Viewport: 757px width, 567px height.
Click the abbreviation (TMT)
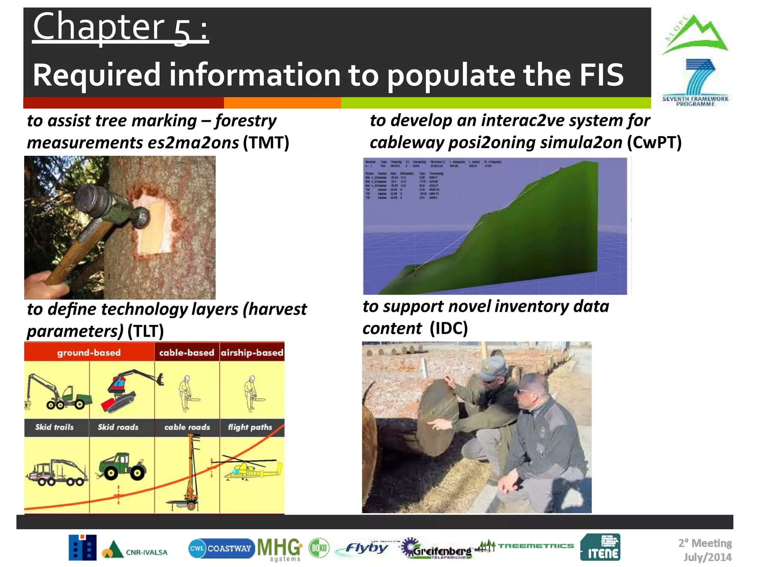coord(266,142)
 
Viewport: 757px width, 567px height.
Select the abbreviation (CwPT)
coord(654,142)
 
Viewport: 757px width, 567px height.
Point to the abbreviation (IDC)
coord(449,328)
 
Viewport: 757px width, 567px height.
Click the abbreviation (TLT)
coord(145,331)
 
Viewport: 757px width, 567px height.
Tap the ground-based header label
coord(89,353)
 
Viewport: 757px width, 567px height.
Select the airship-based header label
coord(252,353)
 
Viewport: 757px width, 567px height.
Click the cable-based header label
coord(187,353)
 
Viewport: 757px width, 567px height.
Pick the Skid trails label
coord(54,427)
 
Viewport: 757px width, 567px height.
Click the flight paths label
coord(250,427)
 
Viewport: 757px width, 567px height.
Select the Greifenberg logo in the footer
coord(438,549)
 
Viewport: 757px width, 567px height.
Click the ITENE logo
coord(600,547)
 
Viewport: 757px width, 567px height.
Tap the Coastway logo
coord(221,548)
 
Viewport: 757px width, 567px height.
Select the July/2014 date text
coord(707,557)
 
